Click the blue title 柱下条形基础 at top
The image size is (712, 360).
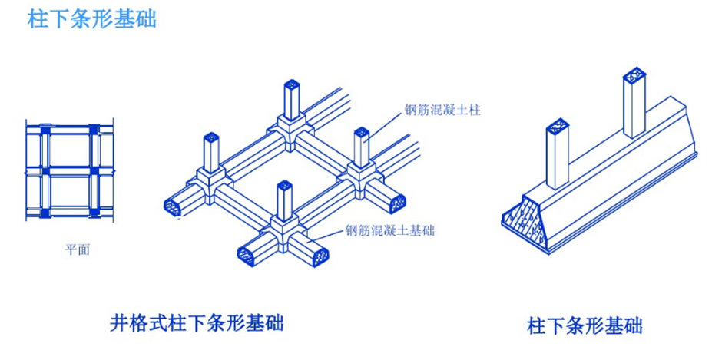pyautogui.click(x=91, y=19)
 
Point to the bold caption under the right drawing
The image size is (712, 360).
pyautogui.click(x=585, y=325)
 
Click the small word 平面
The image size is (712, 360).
pyautogui.click(x=77, y=249)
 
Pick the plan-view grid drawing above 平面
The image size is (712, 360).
pyautogui.click(x=71, y=170)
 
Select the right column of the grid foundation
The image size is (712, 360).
pyautogui.click(x=361, y=147)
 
